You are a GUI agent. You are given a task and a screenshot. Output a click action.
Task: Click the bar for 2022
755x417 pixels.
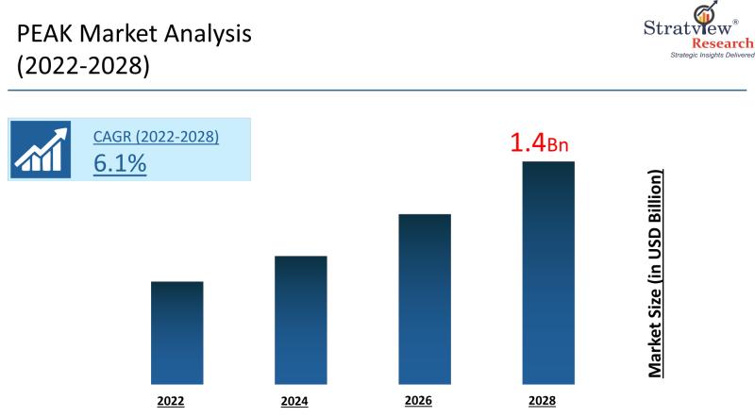coord(177,333)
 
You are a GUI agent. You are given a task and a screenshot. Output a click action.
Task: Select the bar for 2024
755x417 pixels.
coord(301,320)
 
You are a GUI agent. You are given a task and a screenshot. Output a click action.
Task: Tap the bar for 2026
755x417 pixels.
coord(425,299)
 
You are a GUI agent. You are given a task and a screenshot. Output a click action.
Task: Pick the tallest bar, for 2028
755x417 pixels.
coord(548,273)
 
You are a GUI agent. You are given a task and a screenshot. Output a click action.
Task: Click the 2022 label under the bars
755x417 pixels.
coord(171,401)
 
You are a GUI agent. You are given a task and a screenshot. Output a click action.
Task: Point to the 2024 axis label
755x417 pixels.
coord(294,401)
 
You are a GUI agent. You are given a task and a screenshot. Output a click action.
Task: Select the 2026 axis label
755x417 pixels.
coord(418,401)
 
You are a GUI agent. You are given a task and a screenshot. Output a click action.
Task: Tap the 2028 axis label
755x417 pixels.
coord(542,401)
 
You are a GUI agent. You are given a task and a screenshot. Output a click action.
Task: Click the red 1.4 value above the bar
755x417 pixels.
coord(528,142)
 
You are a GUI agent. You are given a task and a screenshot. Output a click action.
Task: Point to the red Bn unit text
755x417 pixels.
coord(558,145)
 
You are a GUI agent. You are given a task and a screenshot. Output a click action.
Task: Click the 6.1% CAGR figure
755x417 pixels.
coord(120,163)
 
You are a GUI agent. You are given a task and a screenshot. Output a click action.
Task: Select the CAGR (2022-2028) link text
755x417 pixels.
coord(156,137)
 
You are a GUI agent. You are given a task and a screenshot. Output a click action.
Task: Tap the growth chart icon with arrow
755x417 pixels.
coord(41,150)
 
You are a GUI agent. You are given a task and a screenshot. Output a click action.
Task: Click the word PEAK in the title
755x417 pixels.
coord(44,34)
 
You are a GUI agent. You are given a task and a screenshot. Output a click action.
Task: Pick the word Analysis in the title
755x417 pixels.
coord(208,35)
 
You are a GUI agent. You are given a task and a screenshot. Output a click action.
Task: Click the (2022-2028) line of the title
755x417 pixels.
coord(83,65)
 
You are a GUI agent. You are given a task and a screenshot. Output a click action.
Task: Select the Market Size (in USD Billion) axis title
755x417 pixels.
coord(655,274)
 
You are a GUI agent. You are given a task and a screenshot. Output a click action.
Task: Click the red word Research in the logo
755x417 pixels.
coord(723,43)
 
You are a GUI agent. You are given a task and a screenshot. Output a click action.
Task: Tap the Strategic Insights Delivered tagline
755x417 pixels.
coord(713,56)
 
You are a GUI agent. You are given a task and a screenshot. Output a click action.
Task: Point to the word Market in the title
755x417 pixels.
coord(118,34)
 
